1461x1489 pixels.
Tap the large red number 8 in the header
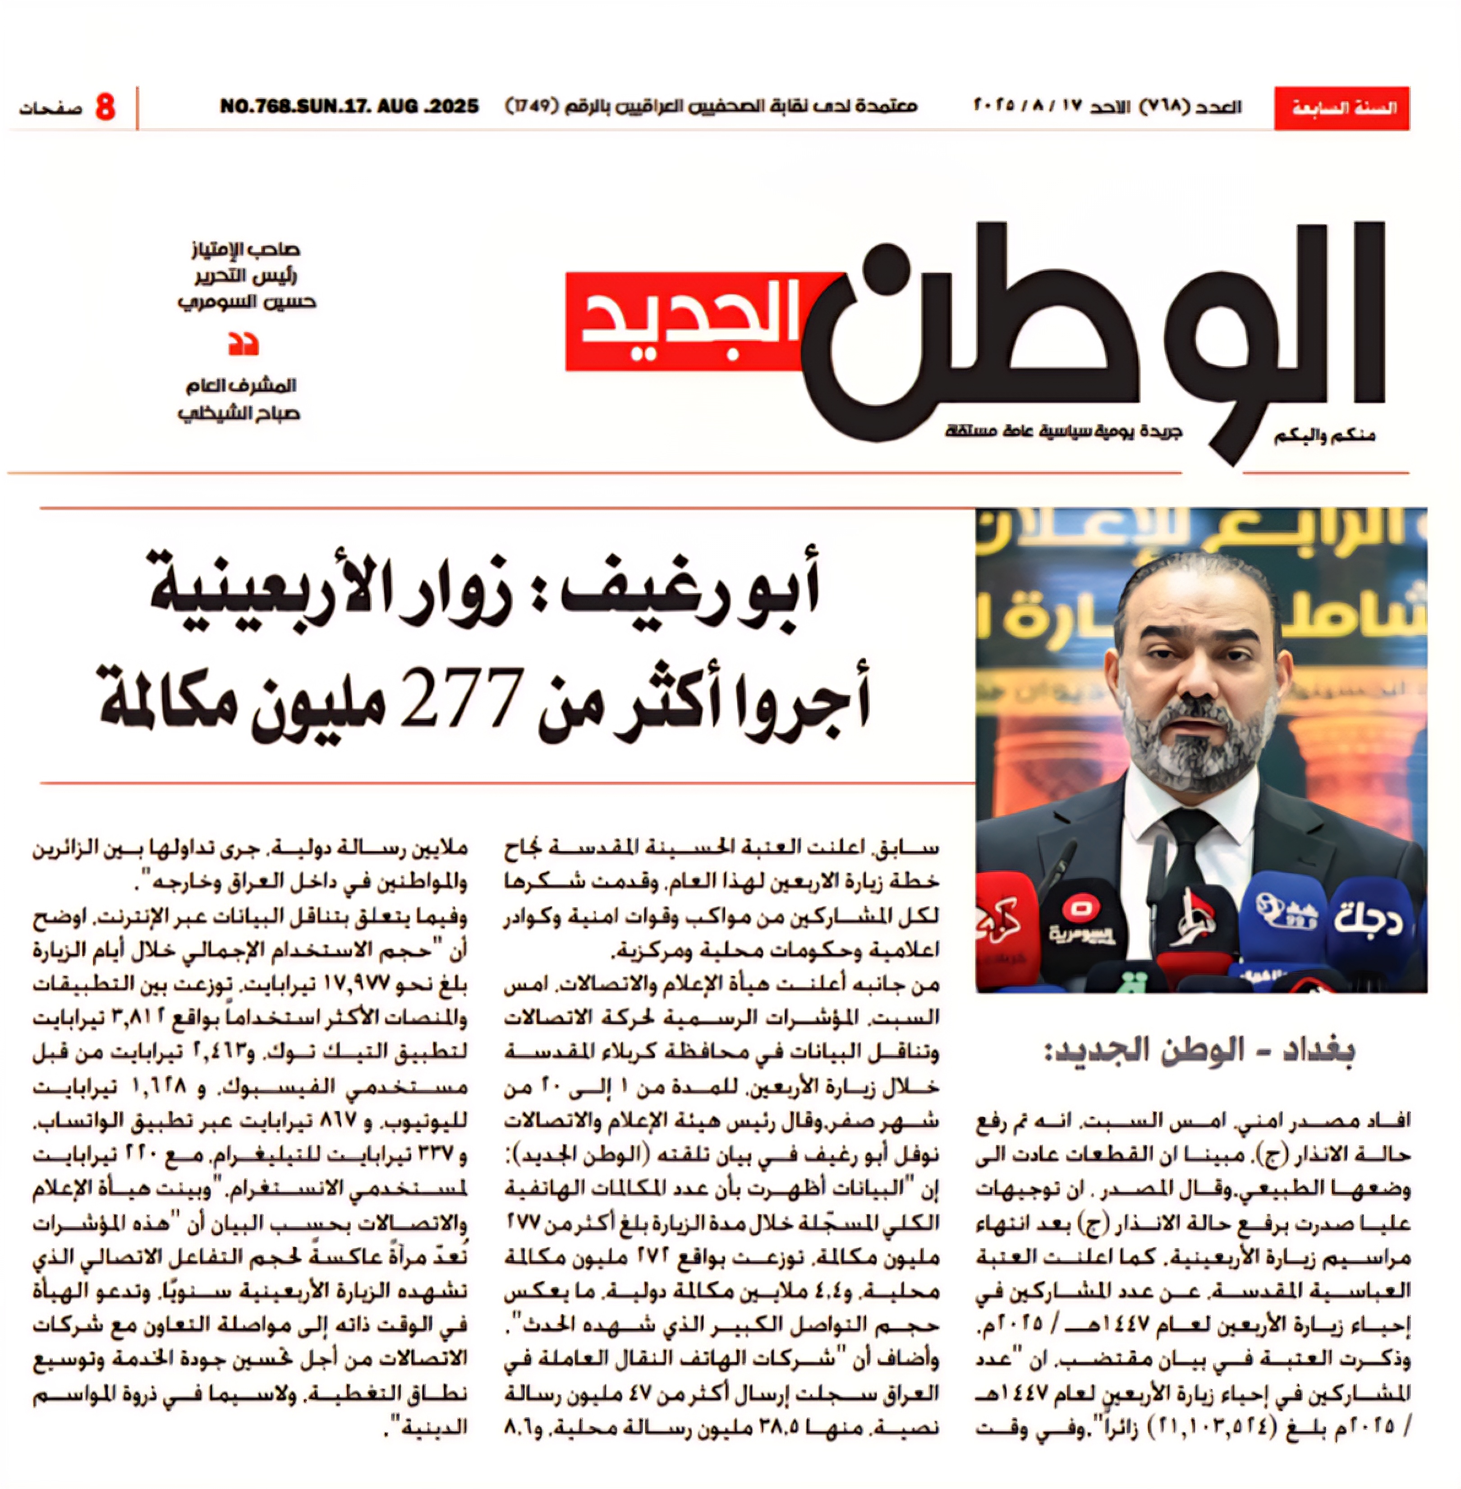[x=105, y=107]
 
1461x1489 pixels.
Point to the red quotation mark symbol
[x=243, y=344]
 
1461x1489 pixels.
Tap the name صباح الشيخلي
[x=239, y=413]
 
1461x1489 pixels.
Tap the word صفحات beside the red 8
[x=51, y=108]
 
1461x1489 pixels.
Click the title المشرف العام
[x=241, y=385]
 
